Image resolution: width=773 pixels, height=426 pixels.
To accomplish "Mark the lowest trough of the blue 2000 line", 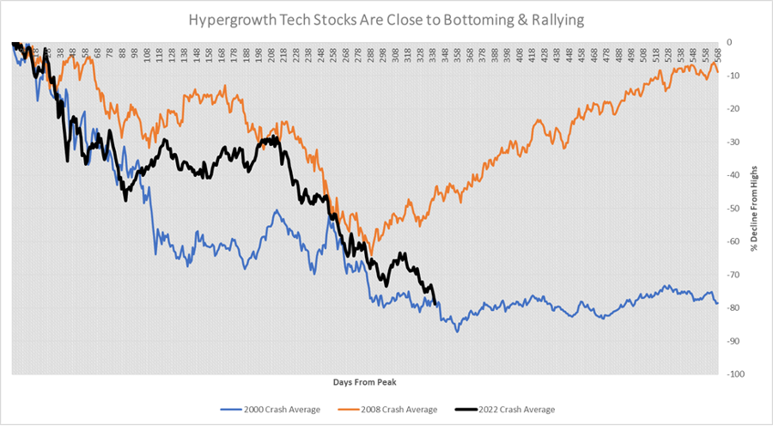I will coord(457,331).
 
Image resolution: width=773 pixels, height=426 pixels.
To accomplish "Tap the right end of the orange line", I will coord(718,71).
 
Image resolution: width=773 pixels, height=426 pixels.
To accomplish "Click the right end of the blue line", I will coord(718,304).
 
